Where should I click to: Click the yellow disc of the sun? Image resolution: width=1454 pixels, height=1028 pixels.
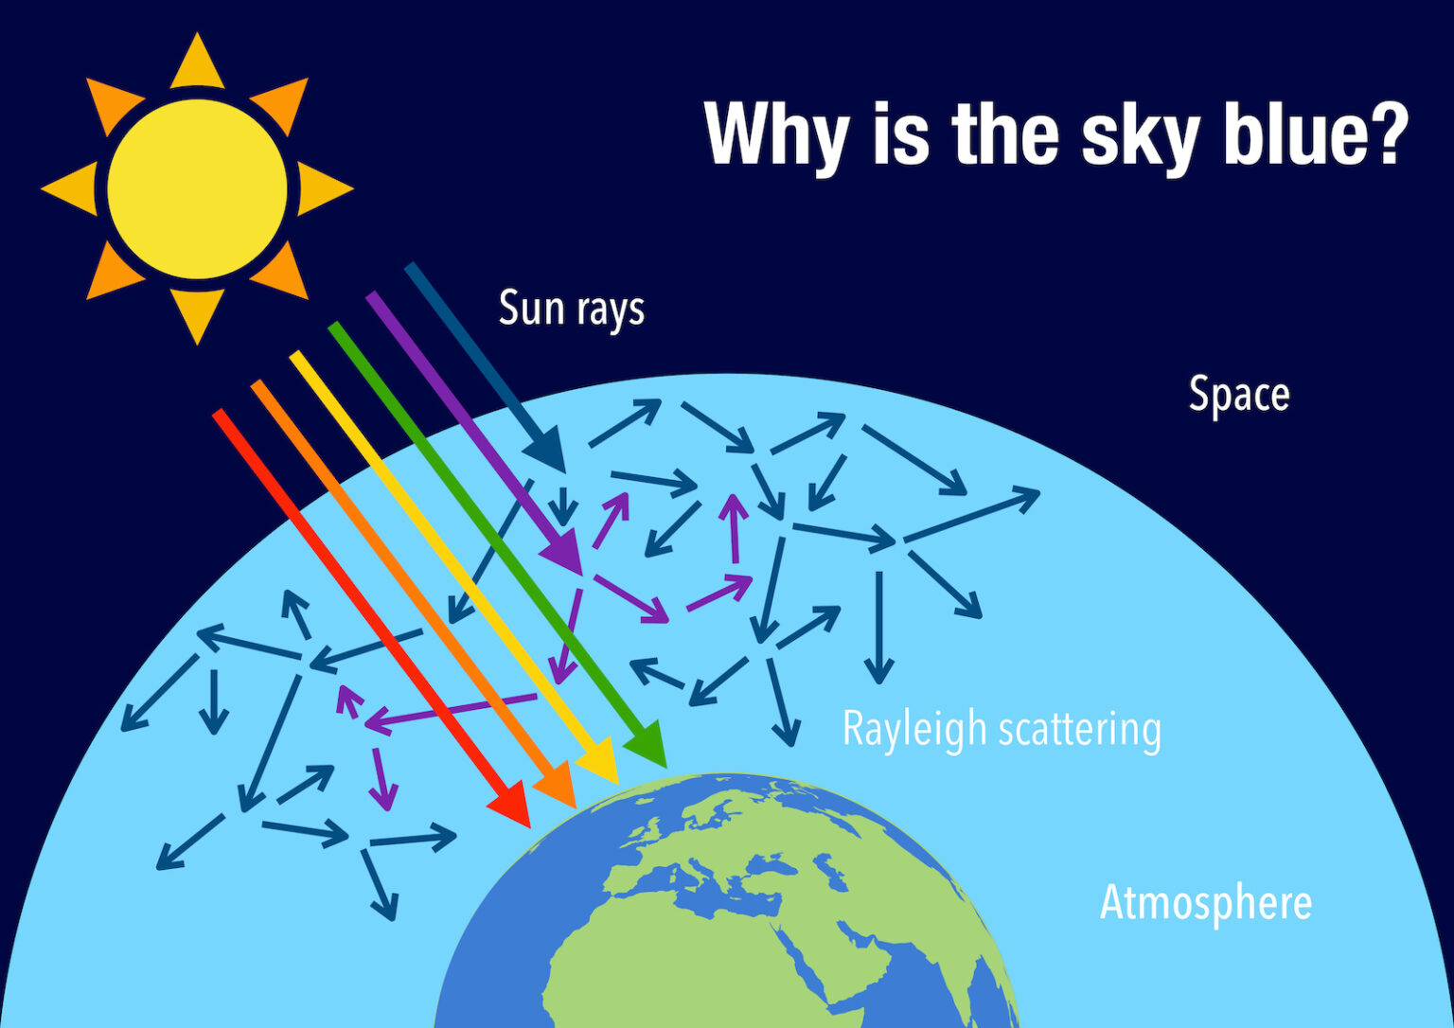point(197,189)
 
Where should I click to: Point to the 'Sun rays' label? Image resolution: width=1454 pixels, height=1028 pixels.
point(571,310)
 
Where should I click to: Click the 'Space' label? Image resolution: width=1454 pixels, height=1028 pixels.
point(1238,396)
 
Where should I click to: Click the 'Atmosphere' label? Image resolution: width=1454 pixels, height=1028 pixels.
point(1205,903)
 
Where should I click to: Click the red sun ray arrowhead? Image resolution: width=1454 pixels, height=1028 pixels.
point(513,805)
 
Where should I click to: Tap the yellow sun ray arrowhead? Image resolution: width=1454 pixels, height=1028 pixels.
point(600,761)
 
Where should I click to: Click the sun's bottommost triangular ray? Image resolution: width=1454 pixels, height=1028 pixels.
point(197,315)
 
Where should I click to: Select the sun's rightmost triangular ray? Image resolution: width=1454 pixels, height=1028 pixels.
point(325,189)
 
